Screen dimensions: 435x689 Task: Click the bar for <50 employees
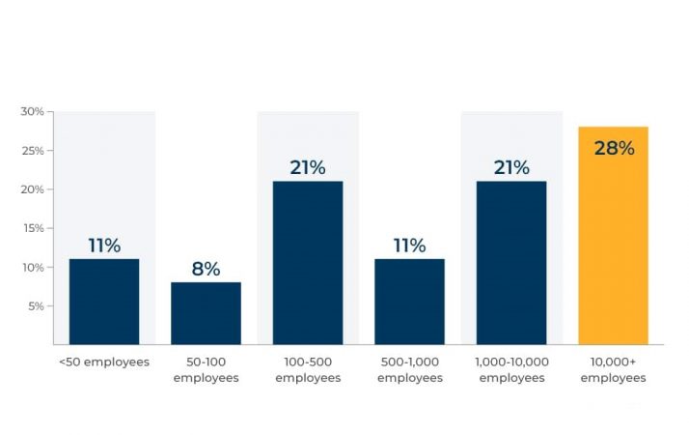104,302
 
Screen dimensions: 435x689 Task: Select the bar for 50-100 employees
206,313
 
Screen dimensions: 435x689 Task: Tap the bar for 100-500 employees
308,263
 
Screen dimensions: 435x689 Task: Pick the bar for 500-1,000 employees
409,302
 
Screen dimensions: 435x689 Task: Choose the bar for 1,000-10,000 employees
511,263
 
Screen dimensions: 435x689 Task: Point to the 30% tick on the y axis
33,112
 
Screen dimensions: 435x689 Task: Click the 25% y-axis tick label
33,151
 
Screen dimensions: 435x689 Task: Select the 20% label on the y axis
33,189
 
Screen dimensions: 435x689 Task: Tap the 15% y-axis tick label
33,228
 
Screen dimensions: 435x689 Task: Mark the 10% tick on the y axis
33,267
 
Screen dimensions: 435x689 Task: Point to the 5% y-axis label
36,305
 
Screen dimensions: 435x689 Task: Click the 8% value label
206,270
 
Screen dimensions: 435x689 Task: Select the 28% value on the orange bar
614,148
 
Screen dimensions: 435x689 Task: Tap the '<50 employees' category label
104,362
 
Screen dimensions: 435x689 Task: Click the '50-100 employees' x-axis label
206,369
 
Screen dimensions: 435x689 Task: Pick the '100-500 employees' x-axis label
308,369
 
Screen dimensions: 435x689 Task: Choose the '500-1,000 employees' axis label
409,369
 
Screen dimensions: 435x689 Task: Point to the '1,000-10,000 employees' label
511,369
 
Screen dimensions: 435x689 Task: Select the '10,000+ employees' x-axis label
613,369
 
